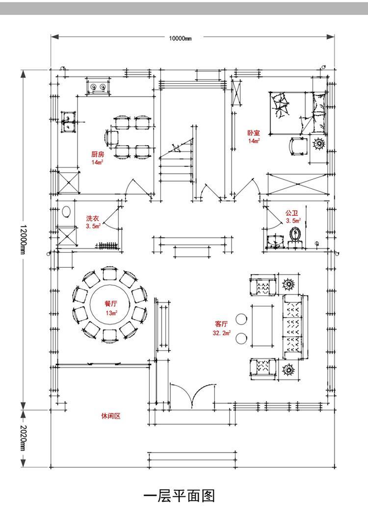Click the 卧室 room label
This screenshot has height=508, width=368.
(x=254, y=133)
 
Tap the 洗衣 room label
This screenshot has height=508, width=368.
(x=93, y=218)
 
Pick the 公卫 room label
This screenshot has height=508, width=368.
(x=292, y=213)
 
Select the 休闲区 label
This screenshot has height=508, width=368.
(x=110, y=416)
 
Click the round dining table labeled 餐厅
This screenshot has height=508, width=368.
(x=110, y=307)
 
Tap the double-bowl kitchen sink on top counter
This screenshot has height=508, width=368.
(x=97, y=87)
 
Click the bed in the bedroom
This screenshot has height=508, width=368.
(x=296, y=112)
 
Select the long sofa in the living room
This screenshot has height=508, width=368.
(x=293, y=324)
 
